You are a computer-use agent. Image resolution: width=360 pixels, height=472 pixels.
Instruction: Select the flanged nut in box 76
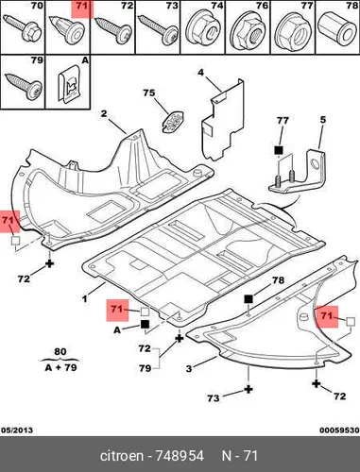coord(249,33)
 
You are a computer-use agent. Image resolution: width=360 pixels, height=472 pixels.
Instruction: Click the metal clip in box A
coord(70,84)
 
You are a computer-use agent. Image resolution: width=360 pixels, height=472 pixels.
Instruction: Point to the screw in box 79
coord(24,86)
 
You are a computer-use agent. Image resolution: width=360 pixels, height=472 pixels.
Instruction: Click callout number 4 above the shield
coord(200,73)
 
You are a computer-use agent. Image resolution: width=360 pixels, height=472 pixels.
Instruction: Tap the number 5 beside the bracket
coord(323,120)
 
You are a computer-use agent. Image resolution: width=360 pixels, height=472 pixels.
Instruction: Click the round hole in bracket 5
coord(315,163)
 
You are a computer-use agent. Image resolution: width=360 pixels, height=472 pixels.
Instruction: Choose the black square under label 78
coord(249,298)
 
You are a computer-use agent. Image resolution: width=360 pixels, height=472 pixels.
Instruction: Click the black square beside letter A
coord(146,325)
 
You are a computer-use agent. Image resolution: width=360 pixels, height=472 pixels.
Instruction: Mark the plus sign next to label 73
coord(249,390)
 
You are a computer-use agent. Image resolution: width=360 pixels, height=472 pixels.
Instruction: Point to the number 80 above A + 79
coord(60,351)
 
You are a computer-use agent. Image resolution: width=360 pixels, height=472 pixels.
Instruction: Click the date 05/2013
coord(17,430)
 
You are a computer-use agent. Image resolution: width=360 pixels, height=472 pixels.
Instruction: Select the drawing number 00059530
coord(339,430)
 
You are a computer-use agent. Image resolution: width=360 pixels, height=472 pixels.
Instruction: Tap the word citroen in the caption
coord(122,456)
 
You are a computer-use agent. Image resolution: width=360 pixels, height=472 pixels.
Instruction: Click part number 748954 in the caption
coord(180,456)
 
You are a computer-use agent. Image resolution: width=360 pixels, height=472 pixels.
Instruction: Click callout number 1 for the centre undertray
coord(85,298)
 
